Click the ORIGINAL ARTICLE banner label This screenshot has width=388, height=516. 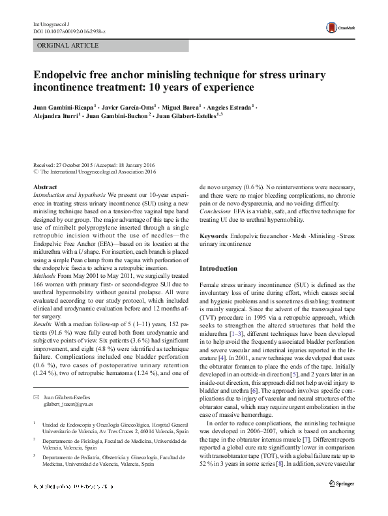68,46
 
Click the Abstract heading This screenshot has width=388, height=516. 44,187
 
